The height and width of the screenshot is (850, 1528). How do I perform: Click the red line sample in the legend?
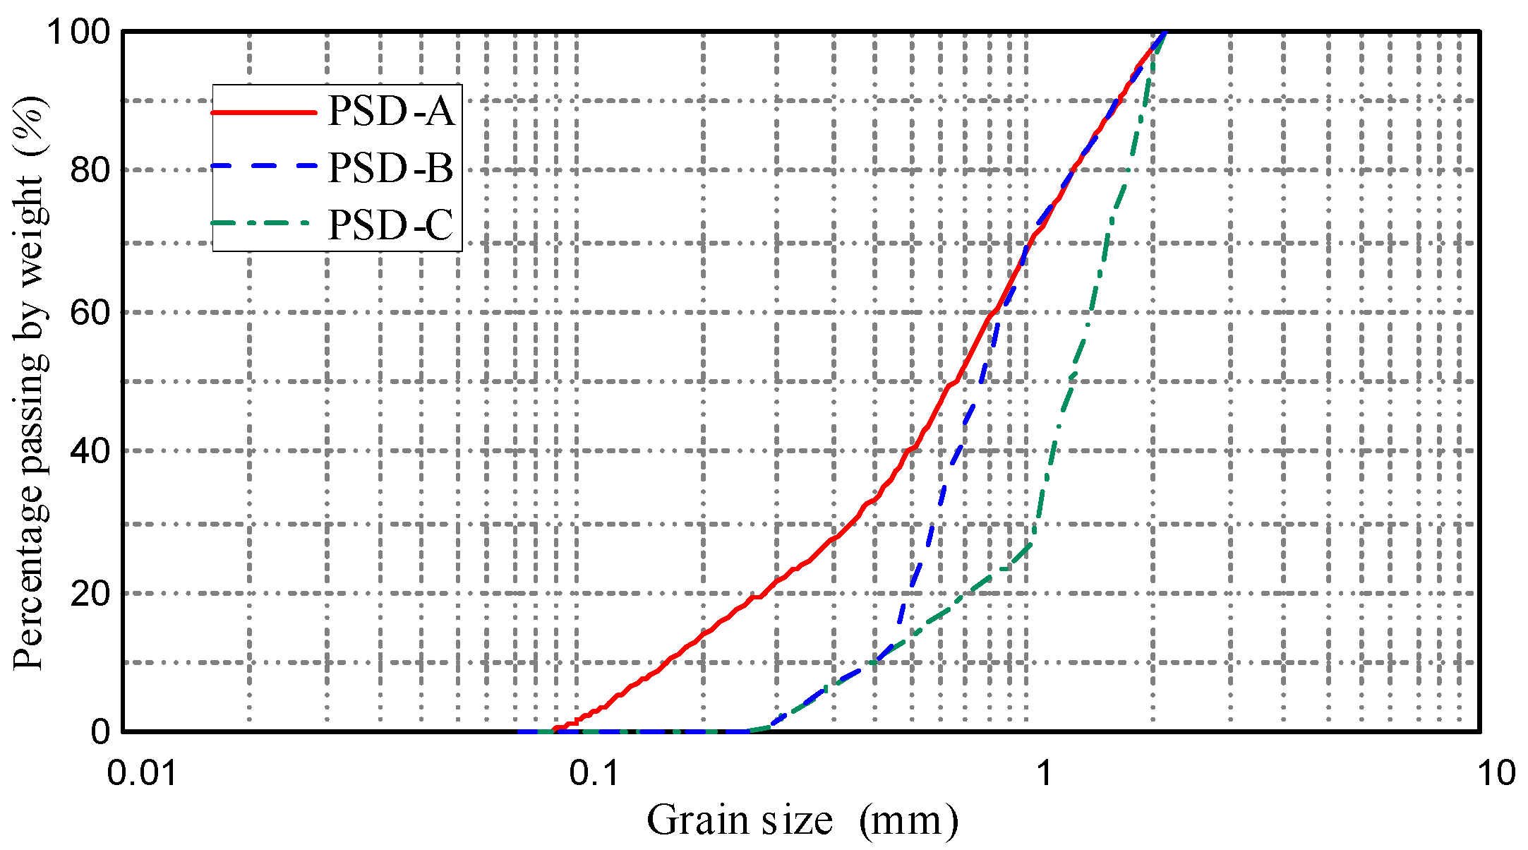tap(264, 112)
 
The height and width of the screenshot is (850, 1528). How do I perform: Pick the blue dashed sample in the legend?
tap(264, 167)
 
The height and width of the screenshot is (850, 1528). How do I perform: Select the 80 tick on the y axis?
tap(90, 170)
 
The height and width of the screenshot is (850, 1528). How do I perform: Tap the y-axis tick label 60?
tap(90, 311)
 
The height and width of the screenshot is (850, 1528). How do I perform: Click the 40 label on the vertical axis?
tap(90, 450)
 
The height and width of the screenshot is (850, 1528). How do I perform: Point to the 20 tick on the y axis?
tap(90, 592)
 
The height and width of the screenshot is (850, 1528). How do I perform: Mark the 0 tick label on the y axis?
tap(101, 731)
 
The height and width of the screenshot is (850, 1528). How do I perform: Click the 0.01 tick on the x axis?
tap(142, 773)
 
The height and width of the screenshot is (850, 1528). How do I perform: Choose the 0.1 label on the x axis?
tap(594, 773)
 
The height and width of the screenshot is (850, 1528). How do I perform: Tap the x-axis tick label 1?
tap(1043, 773)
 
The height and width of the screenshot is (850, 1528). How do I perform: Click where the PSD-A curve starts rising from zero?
tap(555, 729)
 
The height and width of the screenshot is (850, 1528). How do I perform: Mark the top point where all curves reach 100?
tap(1165, 32)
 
